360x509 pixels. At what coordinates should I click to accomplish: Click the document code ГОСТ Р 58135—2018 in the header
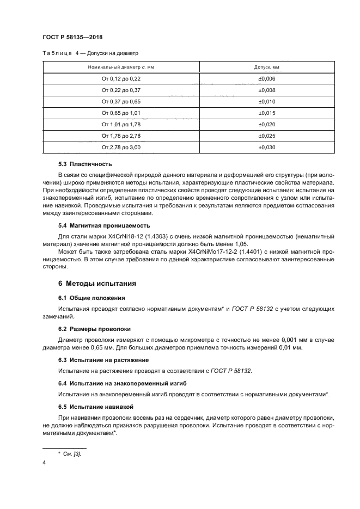[72, 37]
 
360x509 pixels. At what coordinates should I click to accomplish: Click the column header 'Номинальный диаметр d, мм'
[121, 67]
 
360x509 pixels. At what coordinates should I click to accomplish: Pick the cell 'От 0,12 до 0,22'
[121, 78]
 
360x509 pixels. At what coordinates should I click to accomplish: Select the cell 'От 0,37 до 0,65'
[121, 101]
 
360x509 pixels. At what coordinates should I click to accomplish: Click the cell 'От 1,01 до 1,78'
[121, 124]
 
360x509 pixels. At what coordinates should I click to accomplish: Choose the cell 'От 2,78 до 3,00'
[121, 147]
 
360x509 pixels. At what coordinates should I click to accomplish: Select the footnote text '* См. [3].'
[70, 453]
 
